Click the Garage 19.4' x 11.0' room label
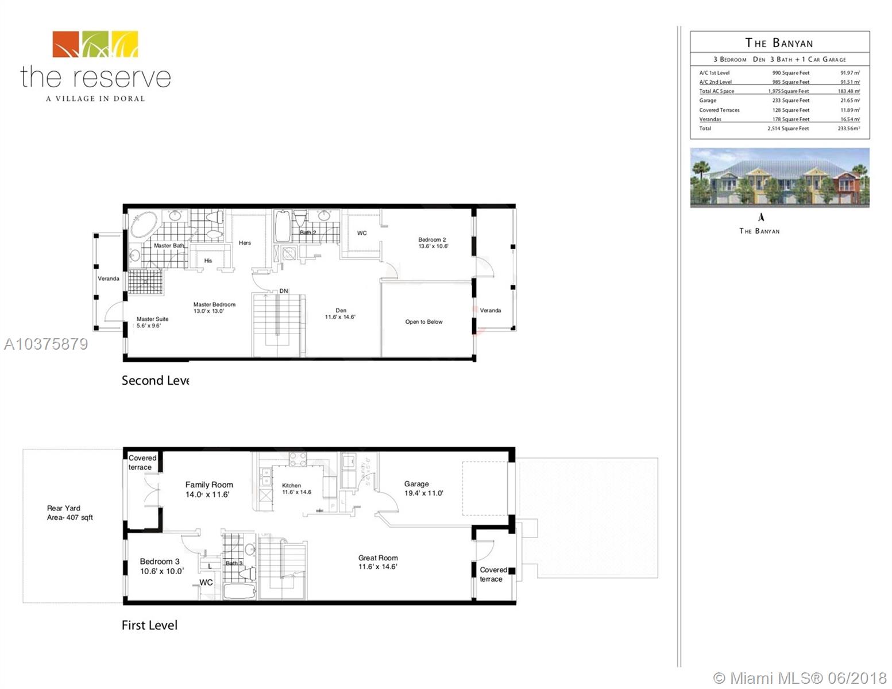coord(423,489)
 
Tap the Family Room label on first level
coord(208,489)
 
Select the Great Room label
coord(377,562)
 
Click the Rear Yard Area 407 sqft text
coord(69,513)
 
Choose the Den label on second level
coord(341,313)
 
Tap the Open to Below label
coord(424,322)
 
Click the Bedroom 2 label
coord(433,243)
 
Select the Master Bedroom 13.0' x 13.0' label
coord(214,308)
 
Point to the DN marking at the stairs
coord(284,291)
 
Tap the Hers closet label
coord(245,243)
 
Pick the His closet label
coord(208,261)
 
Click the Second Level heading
coord(155,381)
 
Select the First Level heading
coord(149,625)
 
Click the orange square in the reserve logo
coord(66,44)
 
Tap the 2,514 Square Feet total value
coord(788,129)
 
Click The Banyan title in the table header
coord(779,43)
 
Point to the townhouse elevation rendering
coord(779,177)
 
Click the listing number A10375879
coord(46,344)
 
